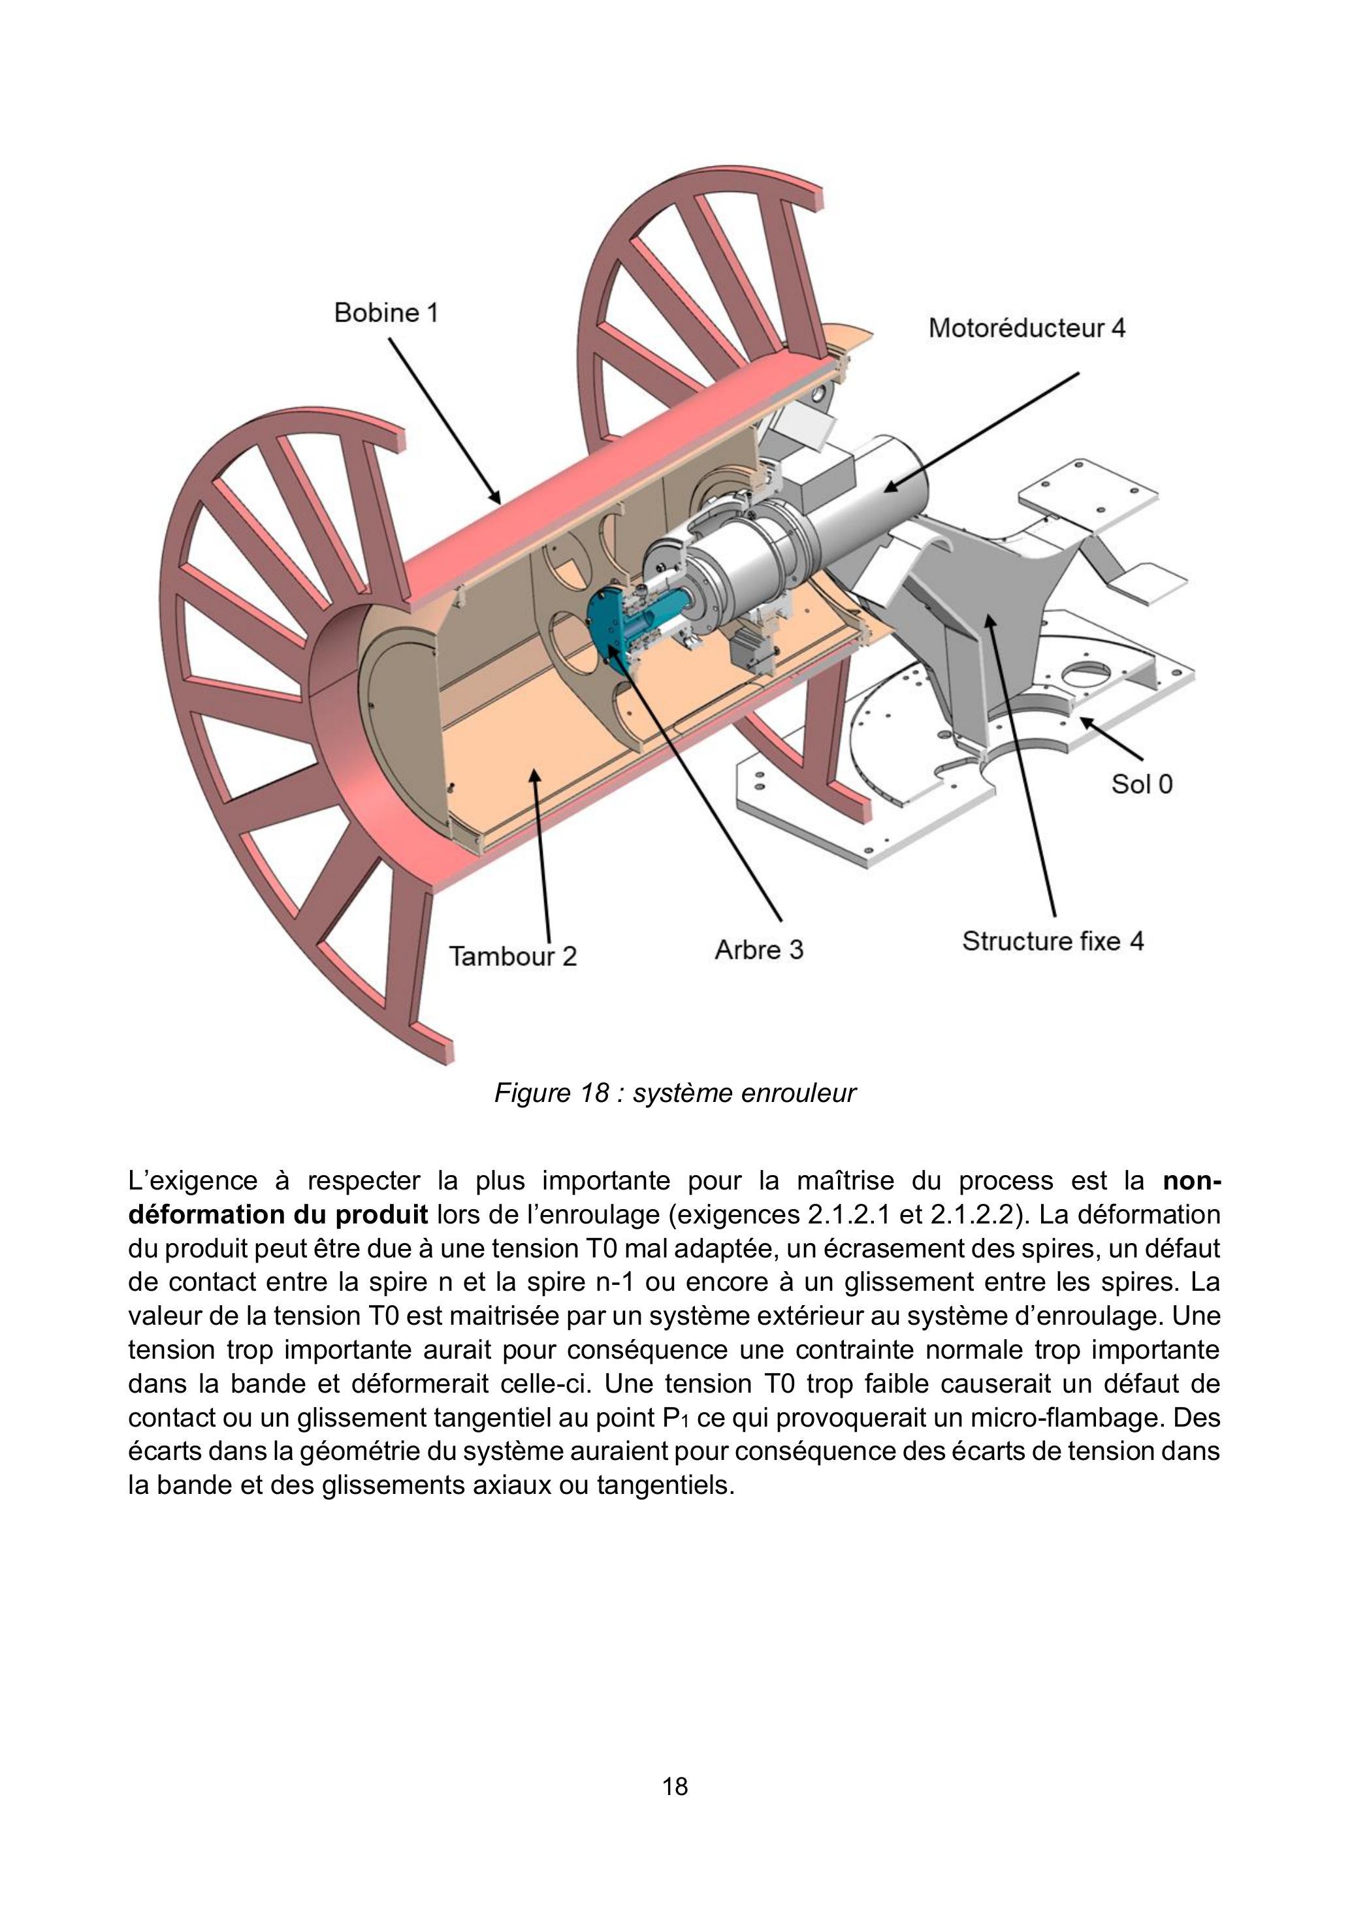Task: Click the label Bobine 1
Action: point(385,313)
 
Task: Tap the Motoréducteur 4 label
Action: point(1027,328)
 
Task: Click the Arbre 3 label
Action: point(758,950)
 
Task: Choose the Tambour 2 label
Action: point(513,956)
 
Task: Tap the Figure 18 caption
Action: point(675,1093)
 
